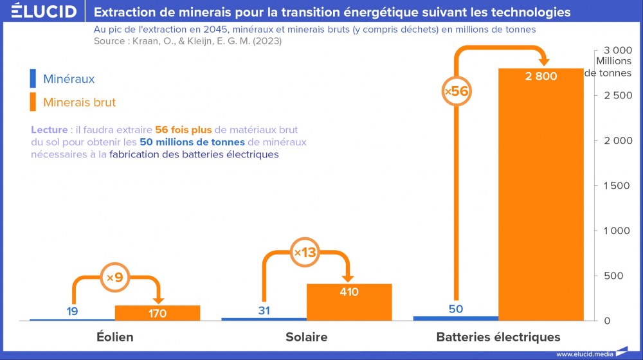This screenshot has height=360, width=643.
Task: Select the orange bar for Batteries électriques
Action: [541, 199]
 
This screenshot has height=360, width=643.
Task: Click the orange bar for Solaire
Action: [349, 305]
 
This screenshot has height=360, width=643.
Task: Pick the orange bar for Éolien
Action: [158, 313]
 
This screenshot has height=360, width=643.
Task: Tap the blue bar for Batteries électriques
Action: [456, 318]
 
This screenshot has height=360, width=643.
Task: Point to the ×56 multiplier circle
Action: [456, 91]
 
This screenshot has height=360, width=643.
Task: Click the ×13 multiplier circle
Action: [305, 253]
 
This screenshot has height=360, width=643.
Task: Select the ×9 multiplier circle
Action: [114, 278]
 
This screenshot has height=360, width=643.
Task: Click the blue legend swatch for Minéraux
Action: [32, 79]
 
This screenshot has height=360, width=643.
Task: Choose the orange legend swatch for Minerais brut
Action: [32, 102]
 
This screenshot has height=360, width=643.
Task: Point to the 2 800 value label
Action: [541, 76]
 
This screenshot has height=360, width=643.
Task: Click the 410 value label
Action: [349, 292]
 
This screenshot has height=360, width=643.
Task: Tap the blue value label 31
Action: [264, 310]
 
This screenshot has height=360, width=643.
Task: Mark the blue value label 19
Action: [73, 311]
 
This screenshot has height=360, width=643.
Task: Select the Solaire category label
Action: [306, 337]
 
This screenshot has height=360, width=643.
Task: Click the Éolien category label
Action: [114, 337]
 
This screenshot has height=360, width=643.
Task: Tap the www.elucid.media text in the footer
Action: [583, 354]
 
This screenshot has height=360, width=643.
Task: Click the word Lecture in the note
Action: [49, 130]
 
